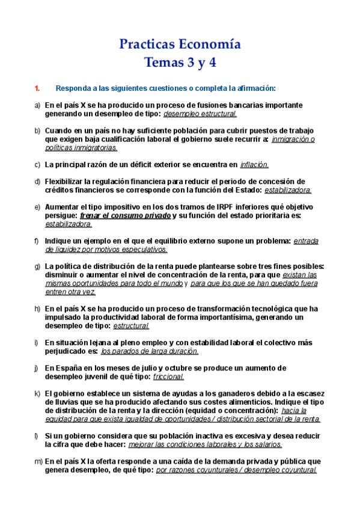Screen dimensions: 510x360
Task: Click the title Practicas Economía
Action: [180, 45]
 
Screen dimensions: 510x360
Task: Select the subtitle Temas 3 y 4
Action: [180, 62]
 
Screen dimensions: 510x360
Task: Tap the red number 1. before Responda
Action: [37, 89]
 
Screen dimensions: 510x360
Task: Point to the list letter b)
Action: [37, 131]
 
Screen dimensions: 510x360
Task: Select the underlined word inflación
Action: [254, 165]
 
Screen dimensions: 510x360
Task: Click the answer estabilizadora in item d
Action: [288, 190]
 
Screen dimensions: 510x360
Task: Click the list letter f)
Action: [37, 241]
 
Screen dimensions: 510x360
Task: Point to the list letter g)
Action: [37, 266]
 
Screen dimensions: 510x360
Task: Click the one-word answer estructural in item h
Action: [131, 326]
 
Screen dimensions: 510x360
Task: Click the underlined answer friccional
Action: [168, 376]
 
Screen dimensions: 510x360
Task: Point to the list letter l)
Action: [37, 436]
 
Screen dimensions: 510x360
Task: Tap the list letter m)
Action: [38, 461]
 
